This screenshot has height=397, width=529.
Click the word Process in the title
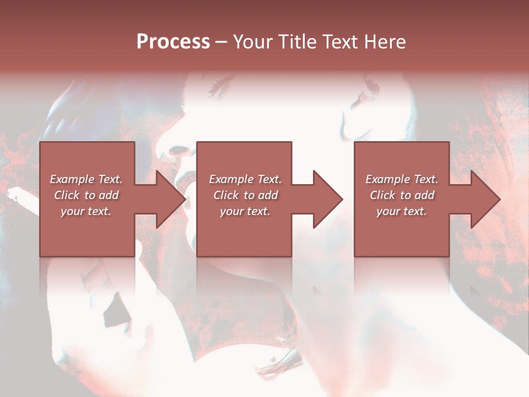[173, 42]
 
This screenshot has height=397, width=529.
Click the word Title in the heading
[296, 42]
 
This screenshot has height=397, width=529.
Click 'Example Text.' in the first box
[86, 179]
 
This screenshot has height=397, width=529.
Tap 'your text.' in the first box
[86, 211]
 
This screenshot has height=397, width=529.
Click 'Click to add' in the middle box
[245, 195]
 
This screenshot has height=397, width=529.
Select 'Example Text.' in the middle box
[245, 179]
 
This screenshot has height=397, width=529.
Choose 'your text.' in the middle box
[245, 211]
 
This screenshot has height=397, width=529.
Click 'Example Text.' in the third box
[402, 179]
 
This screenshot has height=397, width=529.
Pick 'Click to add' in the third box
[402, 195]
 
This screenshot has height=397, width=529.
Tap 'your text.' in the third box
[402, 211]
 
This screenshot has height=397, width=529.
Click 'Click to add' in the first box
[86, 195]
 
